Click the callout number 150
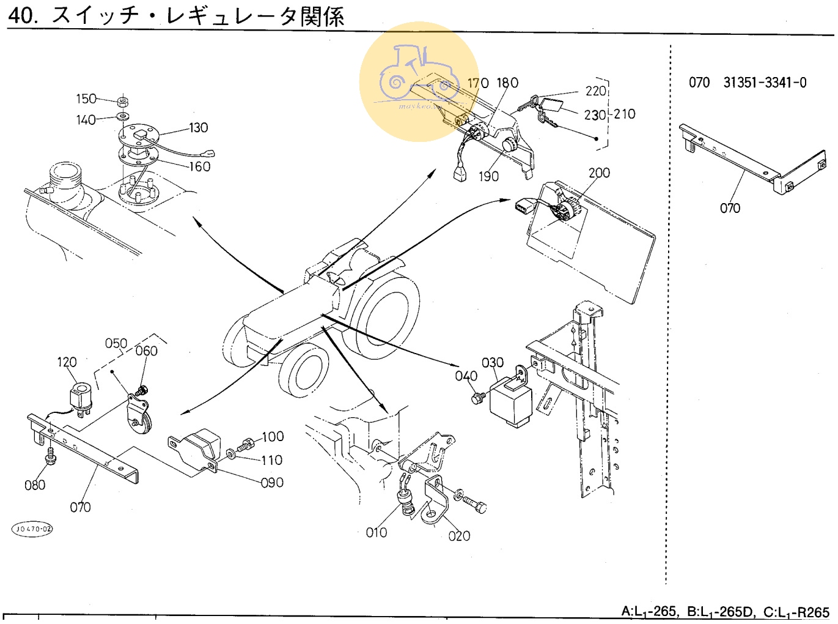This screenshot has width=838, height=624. [x=86, y=99]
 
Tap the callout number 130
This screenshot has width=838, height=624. [x=199, y=128]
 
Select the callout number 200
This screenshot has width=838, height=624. [x=599, y=173]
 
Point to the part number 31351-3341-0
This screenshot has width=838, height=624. [x=765, y=83]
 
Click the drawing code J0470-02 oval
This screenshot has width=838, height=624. [x=32, y=529]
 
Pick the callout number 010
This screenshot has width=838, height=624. [x=377, y=533]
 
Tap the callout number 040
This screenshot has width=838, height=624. [x=466, y=376]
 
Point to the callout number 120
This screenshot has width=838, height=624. [x=67, y=362]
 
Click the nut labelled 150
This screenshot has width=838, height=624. [x=122, y=101]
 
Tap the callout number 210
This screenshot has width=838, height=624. [x=625, y=114]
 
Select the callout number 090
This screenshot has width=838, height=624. [x=272, y=483]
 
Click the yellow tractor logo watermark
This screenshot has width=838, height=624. [x=419, y=81]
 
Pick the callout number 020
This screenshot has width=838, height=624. [x=459, y=537]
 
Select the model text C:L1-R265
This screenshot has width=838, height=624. [x=796, y=612]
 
